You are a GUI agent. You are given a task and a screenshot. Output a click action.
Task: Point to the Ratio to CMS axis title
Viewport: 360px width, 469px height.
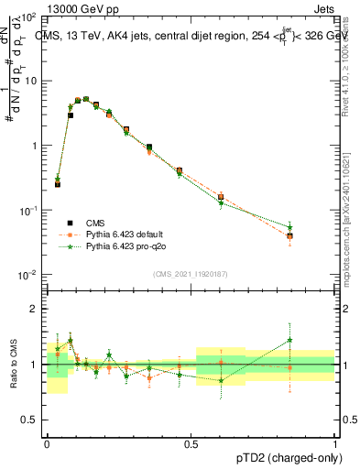point(16,364)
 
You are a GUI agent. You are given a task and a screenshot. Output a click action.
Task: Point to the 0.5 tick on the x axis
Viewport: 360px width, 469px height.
point(191,442)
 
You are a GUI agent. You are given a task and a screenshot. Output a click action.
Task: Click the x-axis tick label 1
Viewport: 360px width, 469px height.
point(336,442)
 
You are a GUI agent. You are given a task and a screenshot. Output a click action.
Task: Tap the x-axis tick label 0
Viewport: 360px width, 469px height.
point(47,442)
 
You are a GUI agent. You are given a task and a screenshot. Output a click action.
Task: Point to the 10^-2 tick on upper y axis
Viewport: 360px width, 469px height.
point(30,275)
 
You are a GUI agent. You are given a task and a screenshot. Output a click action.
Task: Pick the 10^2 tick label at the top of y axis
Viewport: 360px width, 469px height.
point(30,16)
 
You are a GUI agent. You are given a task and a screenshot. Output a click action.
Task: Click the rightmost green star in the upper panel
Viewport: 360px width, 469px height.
point(315,227)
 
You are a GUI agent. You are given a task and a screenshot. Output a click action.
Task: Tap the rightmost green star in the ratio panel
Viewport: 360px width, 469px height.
point(315,340)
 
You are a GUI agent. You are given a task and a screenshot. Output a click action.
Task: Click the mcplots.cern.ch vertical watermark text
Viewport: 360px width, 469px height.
point(350,211)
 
